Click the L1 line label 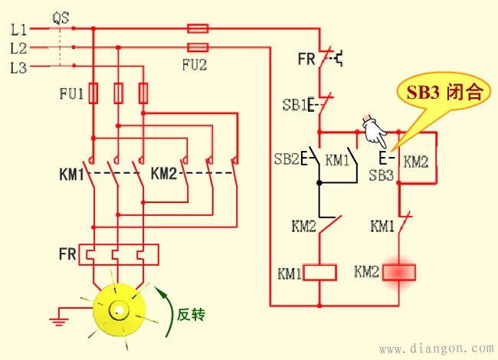click(18, 31)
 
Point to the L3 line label click(18, 67)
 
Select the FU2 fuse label click(195, 65)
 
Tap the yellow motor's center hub click(119, 311)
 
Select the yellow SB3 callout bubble click(441, 93)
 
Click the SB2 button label click(287, 159)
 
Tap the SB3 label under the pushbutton click(381, 175)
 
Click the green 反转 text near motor click(192, 314)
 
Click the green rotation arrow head click(161, 290)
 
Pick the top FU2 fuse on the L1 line click(198, 28)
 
